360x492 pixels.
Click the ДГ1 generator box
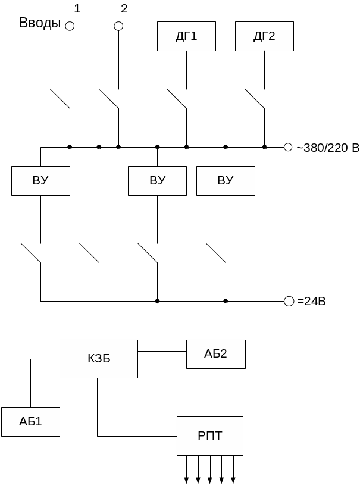coord(186,36)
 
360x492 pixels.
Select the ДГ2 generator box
coord(264,36)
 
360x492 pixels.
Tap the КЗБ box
coord(99,359)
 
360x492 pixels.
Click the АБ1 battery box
coord(30,422)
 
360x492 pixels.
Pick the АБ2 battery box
coord(215,354)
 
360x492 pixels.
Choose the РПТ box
coord(209,436)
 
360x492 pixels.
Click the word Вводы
coord(40,23)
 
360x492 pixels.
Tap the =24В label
coord(311,302)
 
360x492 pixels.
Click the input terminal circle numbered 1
coord(70,26)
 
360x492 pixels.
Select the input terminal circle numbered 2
coord(118,26)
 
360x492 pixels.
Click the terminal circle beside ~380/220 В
coord(288,147)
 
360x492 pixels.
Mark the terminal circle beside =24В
coord(289,301)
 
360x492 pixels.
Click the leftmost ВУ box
coord(40,181)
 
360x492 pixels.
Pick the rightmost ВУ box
coord(226,181)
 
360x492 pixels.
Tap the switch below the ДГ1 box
coord(177,99)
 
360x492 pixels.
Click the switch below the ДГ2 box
coord(255,99)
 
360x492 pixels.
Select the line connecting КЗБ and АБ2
coord(162,352)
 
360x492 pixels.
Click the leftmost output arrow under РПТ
coord(186,479)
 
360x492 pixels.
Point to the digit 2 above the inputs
coord(124,8)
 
